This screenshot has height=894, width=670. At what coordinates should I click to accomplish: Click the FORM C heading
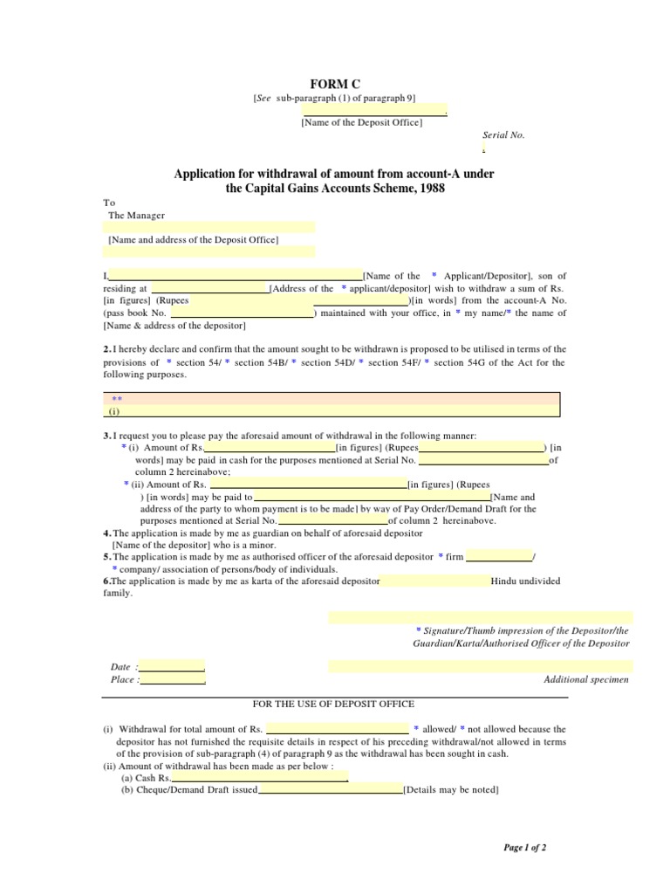coord(335,84)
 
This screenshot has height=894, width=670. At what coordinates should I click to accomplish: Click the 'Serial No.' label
coord(504,135)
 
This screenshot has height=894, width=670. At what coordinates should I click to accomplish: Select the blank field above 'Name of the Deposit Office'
coord(374,111)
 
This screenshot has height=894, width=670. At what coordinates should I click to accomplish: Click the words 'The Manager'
coord(136,215)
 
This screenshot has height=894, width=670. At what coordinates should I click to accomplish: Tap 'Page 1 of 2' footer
coord(525,847)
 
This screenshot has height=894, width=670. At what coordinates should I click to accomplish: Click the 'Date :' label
coord(120,666)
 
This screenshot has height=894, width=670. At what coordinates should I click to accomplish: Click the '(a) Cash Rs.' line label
coord(147,777)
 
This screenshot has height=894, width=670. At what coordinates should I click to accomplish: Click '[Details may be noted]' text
coord(451,790)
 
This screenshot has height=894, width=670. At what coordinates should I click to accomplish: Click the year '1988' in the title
coord(431,189)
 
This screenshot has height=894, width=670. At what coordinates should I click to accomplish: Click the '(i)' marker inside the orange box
coord(114,410)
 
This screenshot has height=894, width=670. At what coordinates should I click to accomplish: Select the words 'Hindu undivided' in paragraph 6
coord(526,581)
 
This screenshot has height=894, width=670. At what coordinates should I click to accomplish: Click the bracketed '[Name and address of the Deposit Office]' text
coord(193,238)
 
